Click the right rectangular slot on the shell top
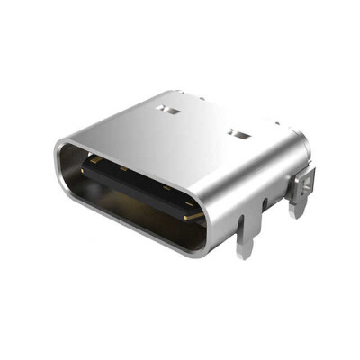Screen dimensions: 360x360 click(238, 136)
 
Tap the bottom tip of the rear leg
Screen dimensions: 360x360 click(298, 216)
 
